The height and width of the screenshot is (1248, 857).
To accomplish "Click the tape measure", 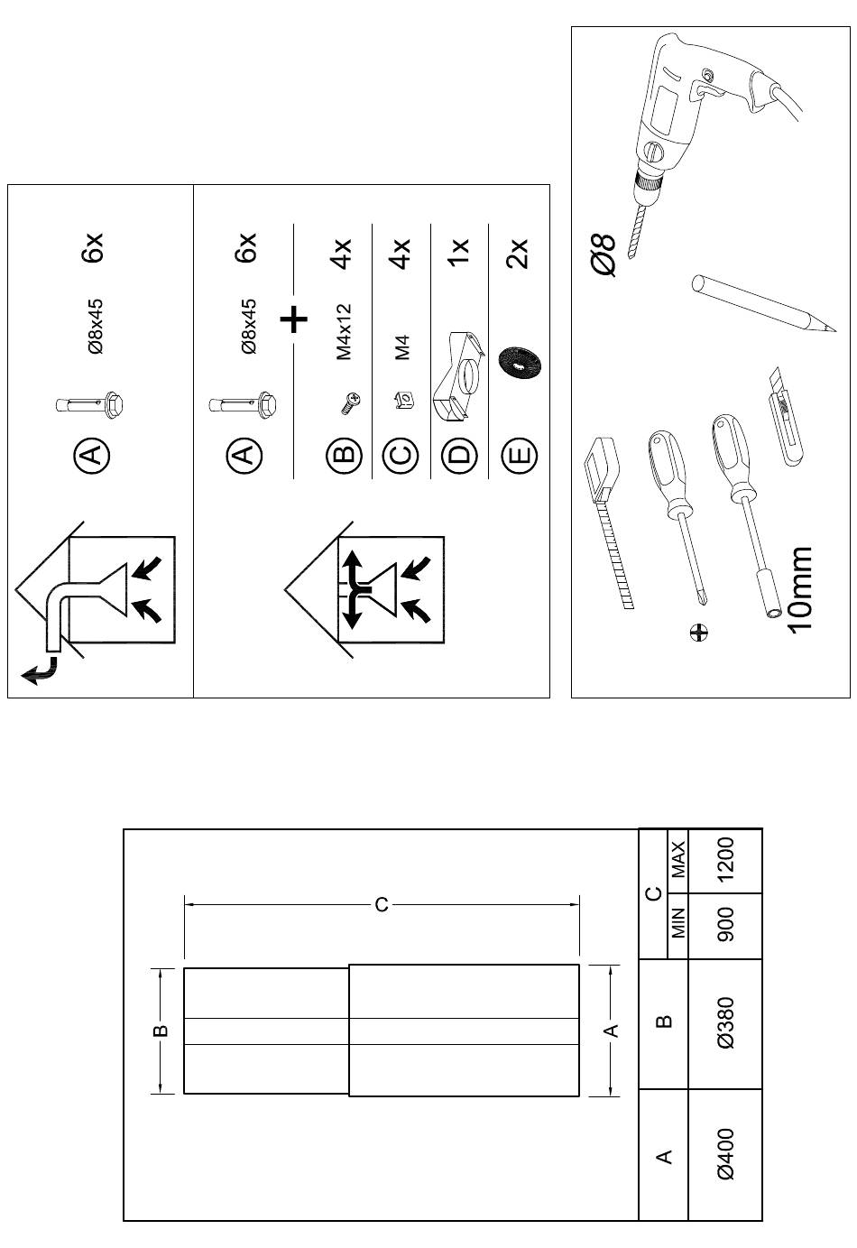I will [610, 514].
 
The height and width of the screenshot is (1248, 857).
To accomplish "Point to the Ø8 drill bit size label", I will [604, 255].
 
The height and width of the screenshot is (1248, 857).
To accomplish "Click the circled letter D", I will [460, 454].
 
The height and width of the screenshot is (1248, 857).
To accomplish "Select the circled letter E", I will [520, 454].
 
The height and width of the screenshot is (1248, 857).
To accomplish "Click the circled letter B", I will [344, 454].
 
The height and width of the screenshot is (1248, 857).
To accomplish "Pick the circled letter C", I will [401, 454].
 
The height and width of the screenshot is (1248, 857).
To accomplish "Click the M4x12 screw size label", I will [344, 332].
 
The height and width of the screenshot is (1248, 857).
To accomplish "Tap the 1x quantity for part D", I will [459, 251].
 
